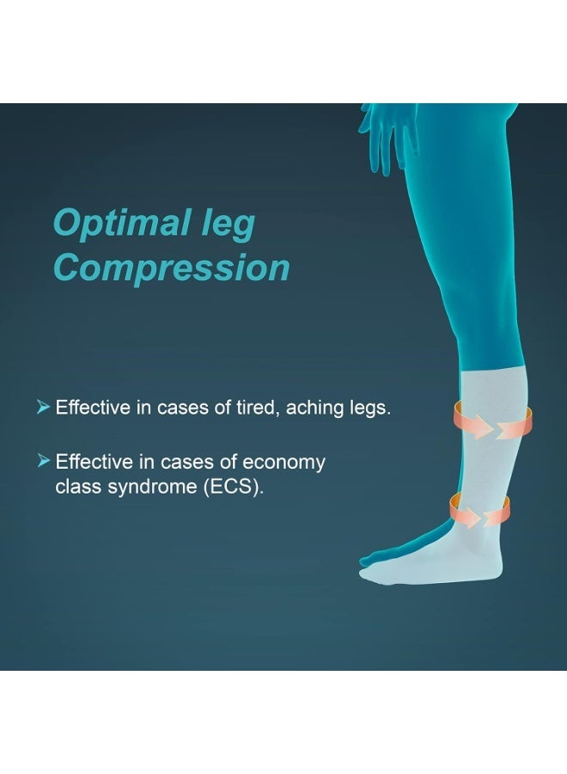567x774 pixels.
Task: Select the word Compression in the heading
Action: [x=171, y=267]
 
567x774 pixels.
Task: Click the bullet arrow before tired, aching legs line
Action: [x=44, y=407]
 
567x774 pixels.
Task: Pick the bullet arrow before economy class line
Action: [x=44, y=462]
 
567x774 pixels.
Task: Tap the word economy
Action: [x=283, y=463]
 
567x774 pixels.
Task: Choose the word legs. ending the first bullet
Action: [x=371, y=408]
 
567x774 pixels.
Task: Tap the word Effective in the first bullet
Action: [x=94, y=408]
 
